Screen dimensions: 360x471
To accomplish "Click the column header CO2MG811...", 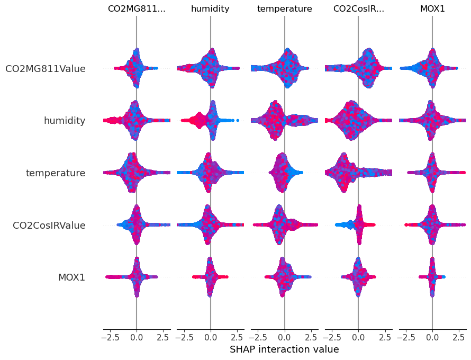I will pyautogui.click(x=137, y=9).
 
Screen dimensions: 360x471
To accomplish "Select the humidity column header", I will pyautogui.click(x=211, y=9).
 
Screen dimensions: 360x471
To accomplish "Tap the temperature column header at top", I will pyautogui.click(x=284, y=9).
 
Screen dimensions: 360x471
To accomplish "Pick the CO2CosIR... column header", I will pyautogui.click(x=358, y=9).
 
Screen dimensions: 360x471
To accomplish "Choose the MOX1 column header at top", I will pyautogui.click(x=432, y=9).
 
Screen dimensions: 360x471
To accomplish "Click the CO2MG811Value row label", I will pyautogui.click(x=46, y=68).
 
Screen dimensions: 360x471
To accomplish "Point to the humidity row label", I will pyautogui.click(x=65, y=121).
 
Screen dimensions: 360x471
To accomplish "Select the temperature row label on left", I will pyautogui.click(x=56, y=173).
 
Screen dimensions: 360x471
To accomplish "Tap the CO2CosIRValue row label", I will pyautogui.click(x=49, y=226).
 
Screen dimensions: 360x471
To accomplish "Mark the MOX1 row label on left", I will pyautogui.click(x=71, y=277).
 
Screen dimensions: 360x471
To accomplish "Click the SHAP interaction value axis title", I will pyautogui.click(x=284, y=349).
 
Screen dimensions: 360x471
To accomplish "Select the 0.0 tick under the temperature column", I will pyautogui.click(x=284, y=336).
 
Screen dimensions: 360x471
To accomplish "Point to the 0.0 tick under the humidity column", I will pyautogui.click(x=211, y=336).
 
